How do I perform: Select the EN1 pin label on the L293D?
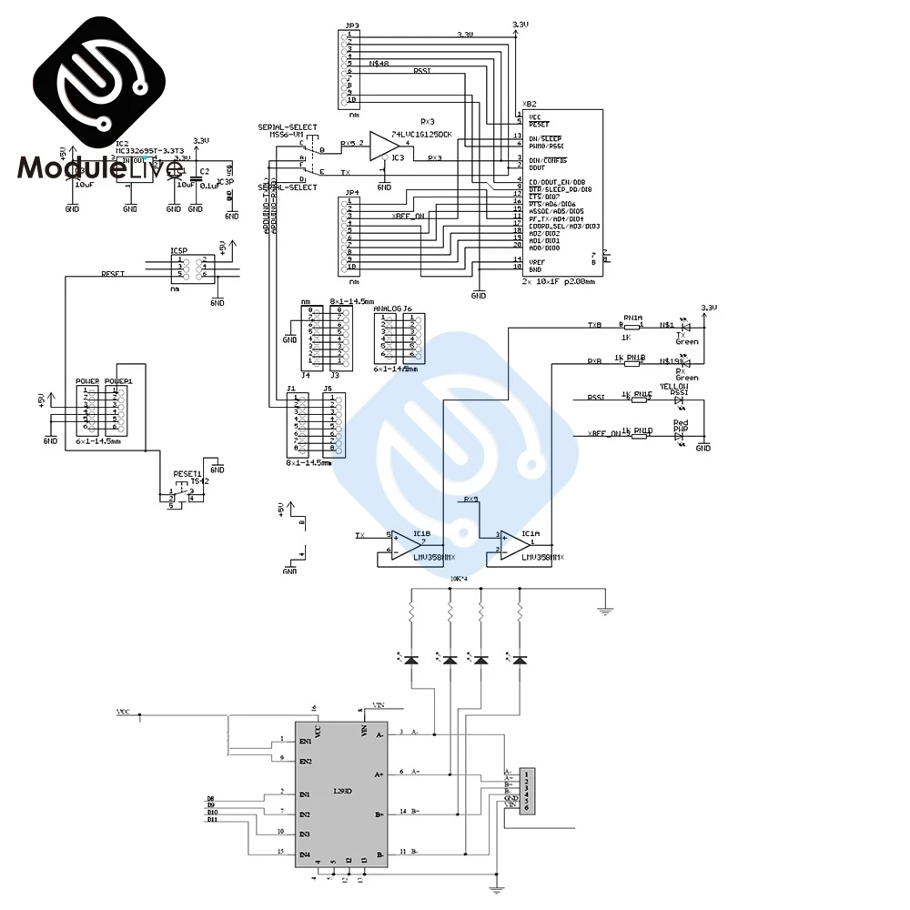[x=305, y=742]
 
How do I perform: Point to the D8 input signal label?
[x=211, y=798]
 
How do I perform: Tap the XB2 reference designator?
[x=530, y=104]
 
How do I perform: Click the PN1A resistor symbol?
[x=632, y=326]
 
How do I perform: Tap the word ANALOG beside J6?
[x=387, y=308]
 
